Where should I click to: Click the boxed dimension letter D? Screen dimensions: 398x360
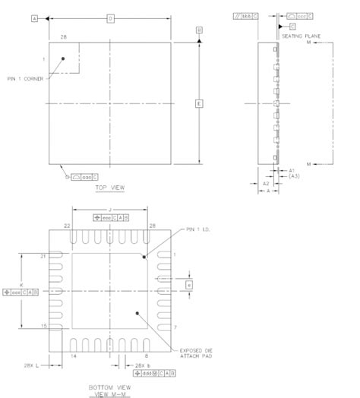coord(111,17)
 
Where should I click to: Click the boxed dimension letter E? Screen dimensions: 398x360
coord(199,103)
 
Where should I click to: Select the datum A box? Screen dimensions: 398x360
coord(35,17)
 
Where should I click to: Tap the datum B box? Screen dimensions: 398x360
coord(199,30)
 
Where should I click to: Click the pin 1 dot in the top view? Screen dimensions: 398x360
coord(63,58)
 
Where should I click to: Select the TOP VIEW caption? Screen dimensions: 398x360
coord(110,185)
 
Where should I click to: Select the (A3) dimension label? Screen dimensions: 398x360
coord(294,176)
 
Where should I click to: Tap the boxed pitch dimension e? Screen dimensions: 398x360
coord(189,285)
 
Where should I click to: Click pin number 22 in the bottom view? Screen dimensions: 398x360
coord(68,226)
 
